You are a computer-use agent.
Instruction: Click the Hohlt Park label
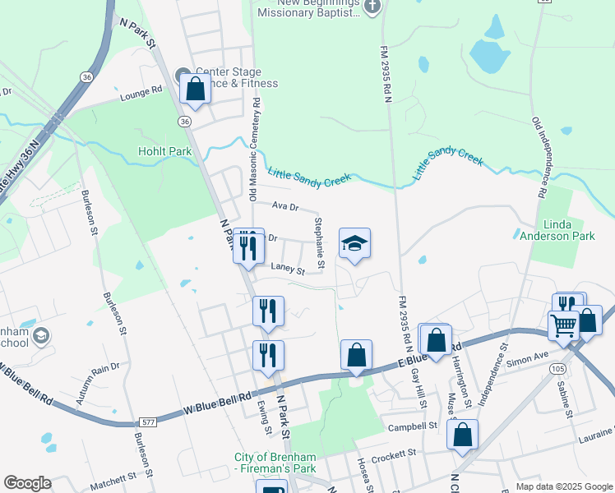[x=164, y=152]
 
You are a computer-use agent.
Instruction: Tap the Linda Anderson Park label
[x=557, y=229]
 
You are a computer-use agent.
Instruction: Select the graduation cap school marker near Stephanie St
[x=354, y=244]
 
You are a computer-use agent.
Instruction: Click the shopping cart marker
[x=564, y=325]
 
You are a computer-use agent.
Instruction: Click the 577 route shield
[x=148, y=422]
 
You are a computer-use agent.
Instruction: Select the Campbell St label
[x=413, y=426]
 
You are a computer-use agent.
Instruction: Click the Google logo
[x=27, y=483]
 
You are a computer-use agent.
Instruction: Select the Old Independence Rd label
[x=539, y=158]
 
